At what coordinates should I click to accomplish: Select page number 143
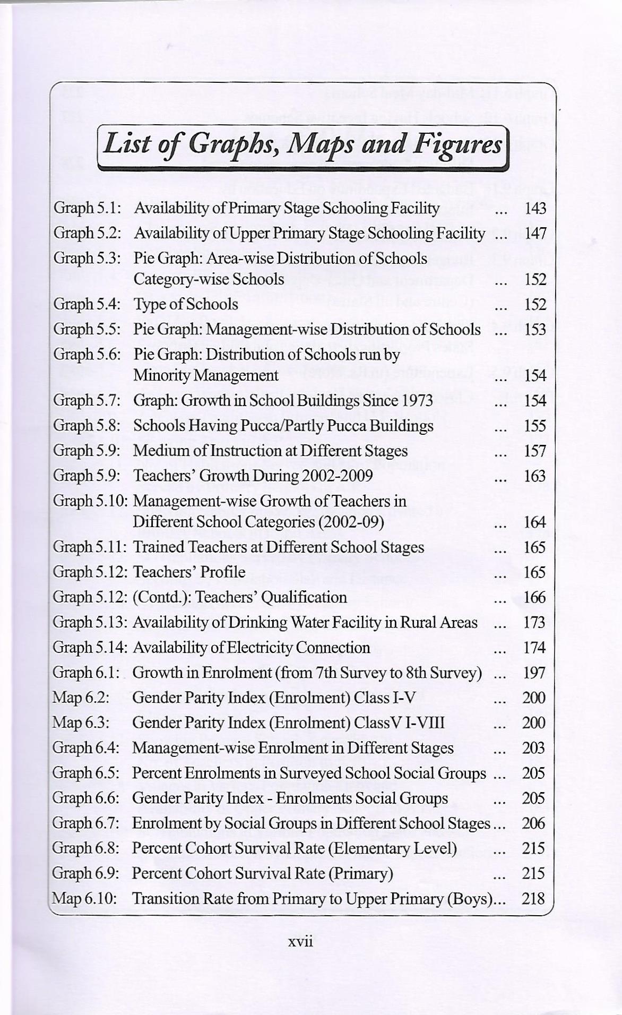click(x=535, y=208)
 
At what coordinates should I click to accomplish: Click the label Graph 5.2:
click(x=88, y=233)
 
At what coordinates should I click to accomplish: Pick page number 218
click(x=533, y=898)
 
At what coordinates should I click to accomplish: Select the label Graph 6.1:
click(x=87, y=673)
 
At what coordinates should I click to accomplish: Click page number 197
click(x=534, y=673)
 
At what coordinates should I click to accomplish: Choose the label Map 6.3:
click(x=81, y=722)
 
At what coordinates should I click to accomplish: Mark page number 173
click(x=534, y=622)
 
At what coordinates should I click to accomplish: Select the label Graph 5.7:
click(x=87, y=400)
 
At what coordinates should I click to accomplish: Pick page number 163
click(x=534, y=476)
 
